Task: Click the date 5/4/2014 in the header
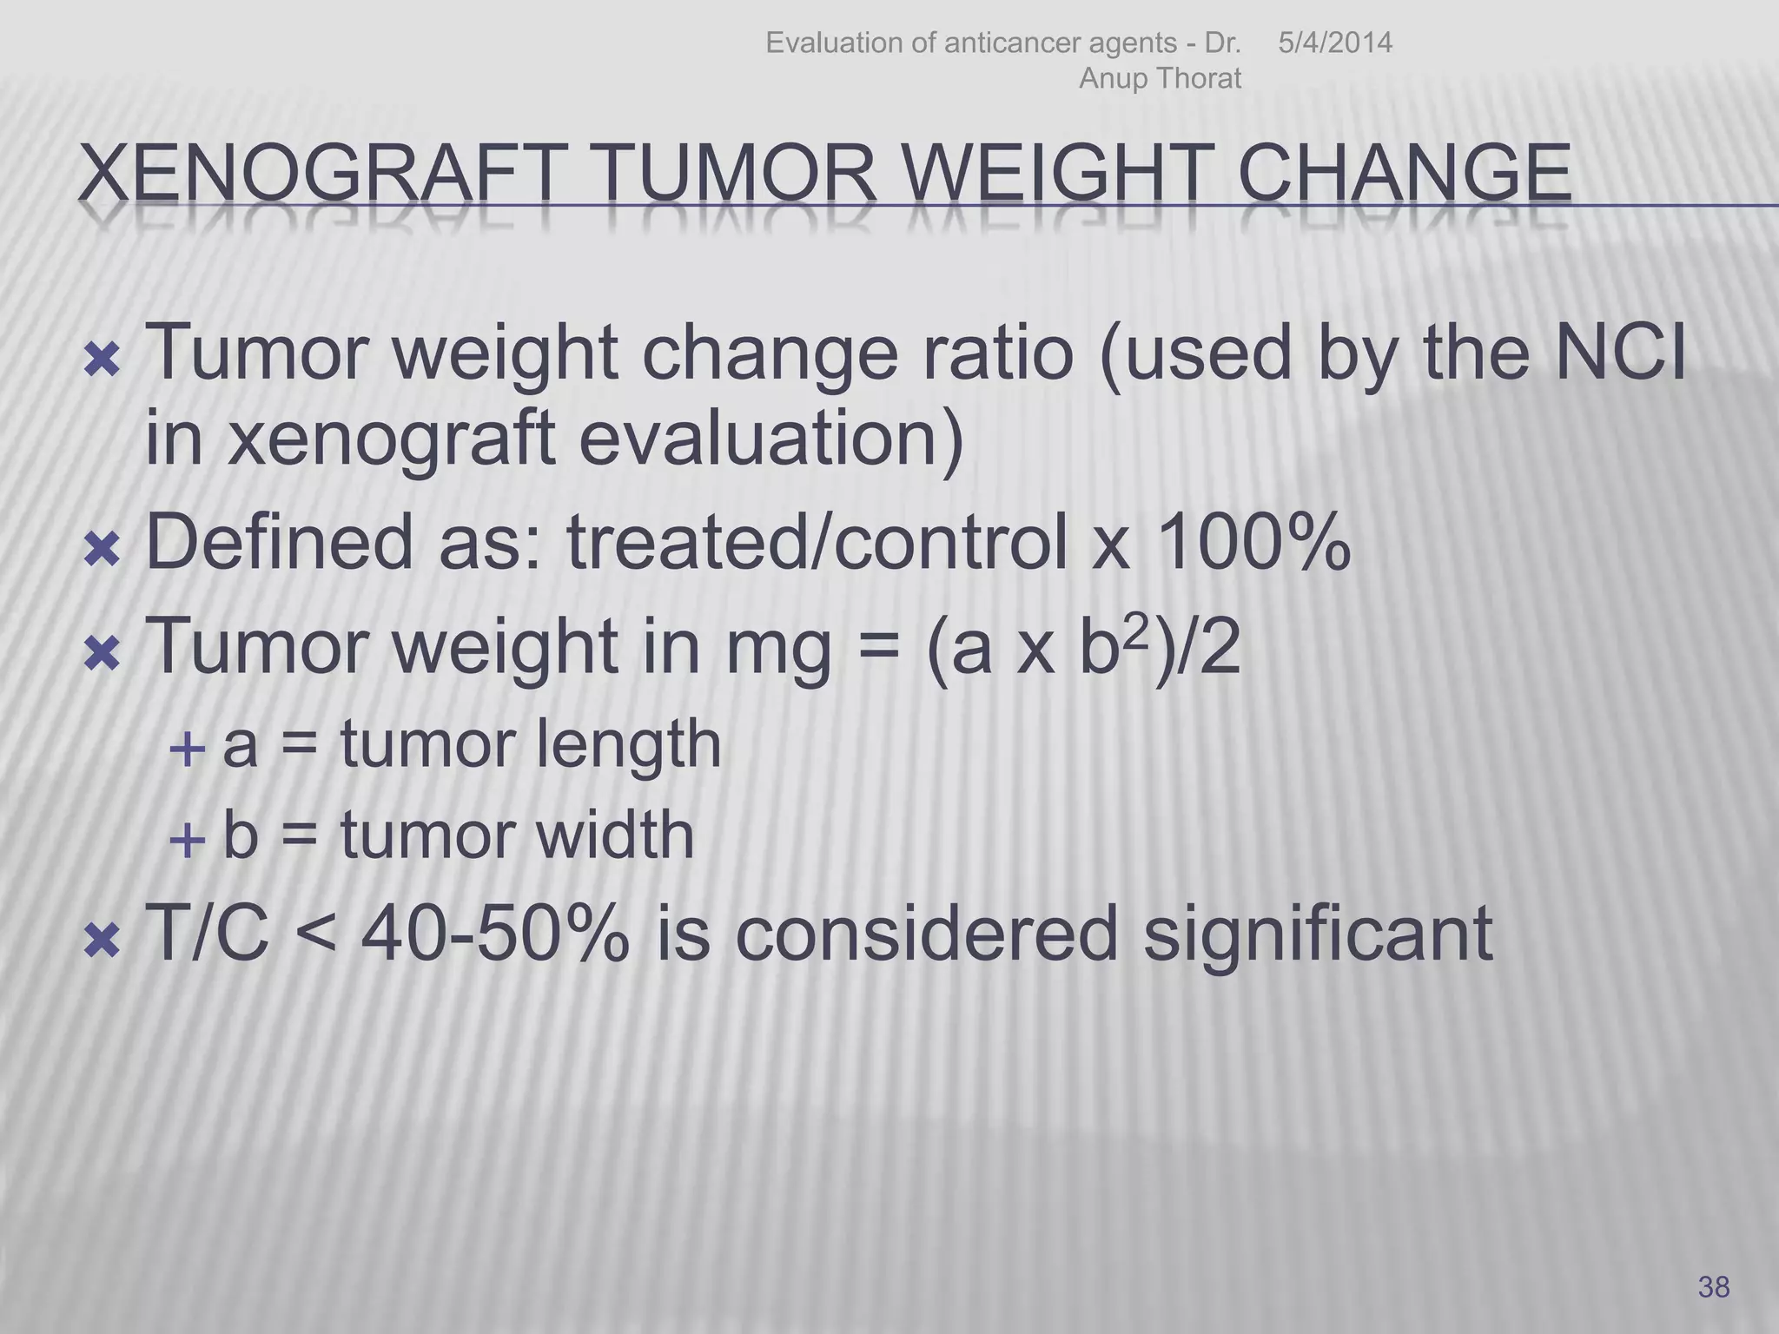pyautogui.click(x=1335, y=43)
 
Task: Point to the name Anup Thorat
pyautogui.click(x=1160, y=78)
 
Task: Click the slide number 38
pyautogui.click(x=1714, y=1286)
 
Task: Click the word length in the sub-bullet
pyautogui.click(x=626, y=744)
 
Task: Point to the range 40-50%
pyautogui.click(x=494, y=934)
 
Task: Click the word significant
pyautogui.click(x=1317, y=934)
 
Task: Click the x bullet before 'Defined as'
pyautogui.click(x=103, y=550)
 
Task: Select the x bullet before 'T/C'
pyautogui.click(x=103, y=941)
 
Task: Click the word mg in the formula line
pyautogui.click(x=781, y=649)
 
